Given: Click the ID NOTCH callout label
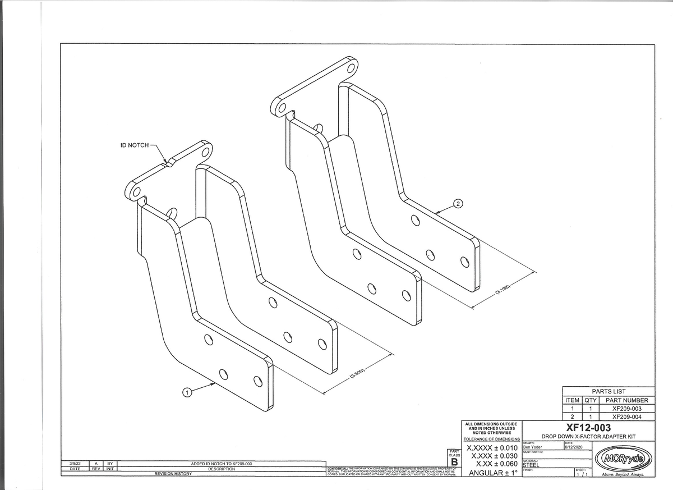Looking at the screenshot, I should click(135, 145).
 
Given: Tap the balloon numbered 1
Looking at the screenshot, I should click(187, 392).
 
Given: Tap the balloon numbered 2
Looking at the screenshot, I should click(458, 203).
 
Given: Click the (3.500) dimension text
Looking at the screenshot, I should click(358, 375).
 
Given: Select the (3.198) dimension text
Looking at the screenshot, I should click(503, 292).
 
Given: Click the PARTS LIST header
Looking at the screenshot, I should click(609, 391).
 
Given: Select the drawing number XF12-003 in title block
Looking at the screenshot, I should click(588, 428).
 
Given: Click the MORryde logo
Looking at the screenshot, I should click(623, 460).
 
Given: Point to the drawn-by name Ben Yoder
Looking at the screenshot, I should click(532, 447).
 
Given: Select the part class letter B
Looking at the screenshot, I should click(455, 462).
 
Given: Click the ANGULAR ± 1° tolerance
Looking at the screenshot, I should click(492, 472).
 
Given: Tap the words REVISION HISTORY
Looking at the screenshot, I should click(173, 474).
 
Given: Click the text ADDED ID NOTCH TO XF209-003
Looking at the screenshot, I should click(222, 464).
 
